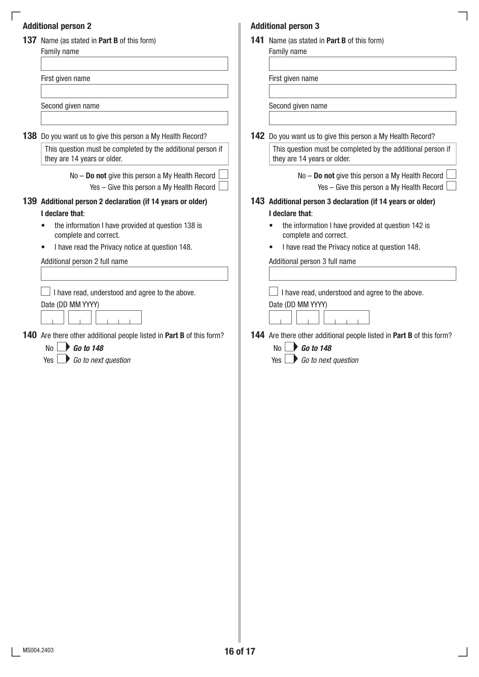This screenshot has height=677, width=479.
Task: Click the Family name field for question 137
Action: click(134, 64)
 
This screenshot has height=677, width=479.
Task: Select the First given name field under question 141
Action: click(362, 91)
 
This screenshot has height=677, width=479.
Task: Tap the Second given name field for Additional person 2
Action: click(134, 118)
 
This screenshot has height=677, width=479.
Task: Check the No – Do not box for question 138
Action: click(223, 174)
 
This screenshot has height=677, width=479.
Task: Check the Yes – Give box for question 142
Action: click(451, 186)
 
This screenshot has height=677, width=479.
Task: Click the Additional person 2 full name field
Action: click(134, 274)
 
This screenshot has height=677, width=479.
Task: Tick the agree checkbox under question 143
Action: click(273, 291)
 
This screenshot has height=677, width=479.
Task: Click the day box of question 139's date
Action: click(52, 317)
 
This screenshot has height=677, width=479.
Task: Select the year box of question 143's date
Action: click(346, 317)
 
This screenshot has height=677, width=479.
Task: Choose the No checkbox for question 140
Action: click(61, 347)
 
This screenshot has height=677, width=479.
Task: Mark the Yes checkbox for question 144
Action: click(289, 359)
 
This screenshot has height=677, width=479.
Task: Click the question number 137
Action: click(30, 40)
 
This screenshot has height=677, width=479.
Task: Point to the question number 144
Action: click(257, 335)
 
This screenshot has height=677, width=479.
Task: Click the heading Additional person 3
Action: click(285, 26)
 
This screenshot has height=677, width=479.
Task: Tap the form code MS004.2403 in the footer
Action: click(38, 650)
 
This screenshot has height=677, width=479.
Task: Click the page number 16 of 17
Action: click(240, 652)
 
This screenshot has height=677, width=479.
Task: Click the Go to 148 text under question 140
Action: click(88, 348)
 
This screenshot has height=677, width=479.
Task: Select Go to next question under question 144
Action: click(330, 360)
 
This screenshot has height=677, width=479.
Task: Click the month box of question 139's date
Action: click(80, 317)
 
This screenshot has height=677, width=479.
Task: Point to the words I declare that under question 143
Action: click(290, 213)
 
